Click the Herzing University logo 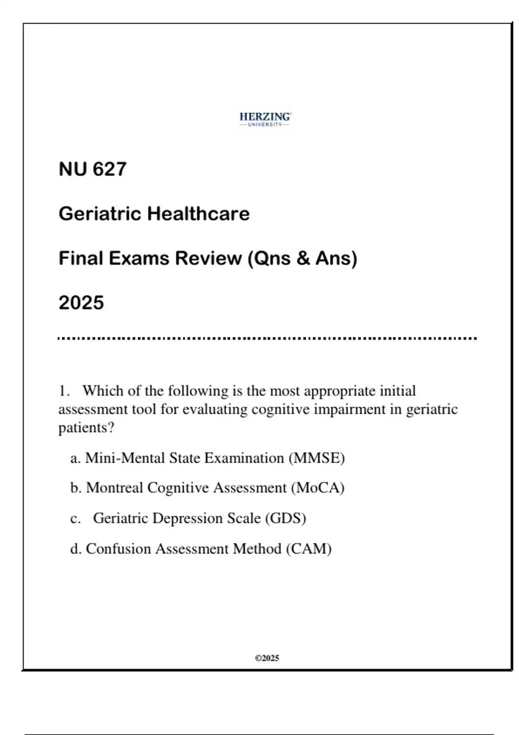265,119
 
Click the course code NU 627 93,169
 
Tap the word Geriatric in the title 100,214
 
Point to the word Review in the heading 208,258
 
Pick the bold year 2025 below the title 81,303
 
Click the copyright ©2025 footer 267,658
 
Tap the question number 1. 64,391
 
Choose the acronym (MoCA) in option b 317,488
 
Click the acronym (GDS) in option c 285,518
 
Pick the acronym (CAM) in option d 309,549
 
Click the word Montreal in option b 115,488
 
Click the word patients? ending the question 86,428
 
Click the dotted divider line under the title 267,339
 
